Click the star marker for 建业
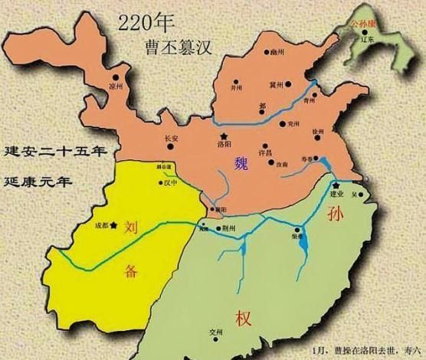coord(336,186)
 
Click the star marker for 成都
coord(112,225)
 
